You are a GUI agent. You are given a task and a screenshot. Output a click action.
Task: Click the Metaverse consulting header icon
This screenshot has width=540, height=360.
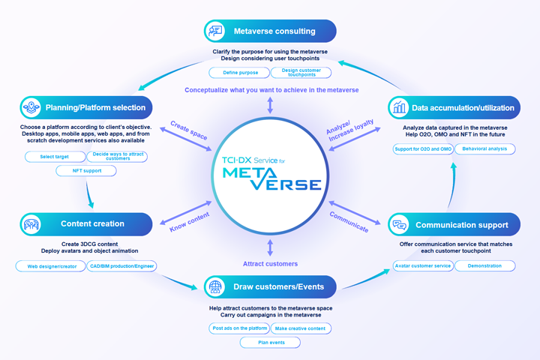[x=215, y=31]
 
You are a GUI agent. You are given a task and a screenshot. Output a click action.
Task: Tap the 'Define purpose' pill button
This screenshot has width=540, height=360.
[x=240, y=73]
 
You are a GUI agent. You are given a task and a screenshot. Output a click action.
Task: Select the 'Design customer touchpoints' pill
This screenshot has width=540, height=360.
[x=301, y=73]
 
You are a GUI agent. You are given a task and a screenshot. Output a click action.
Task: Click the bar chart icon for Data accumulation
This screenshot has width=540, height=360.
[x=399, y=107]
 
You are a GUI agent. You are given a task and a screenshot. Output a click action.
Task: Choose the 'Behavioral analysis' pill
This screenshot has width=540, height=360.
[x=485, y=148]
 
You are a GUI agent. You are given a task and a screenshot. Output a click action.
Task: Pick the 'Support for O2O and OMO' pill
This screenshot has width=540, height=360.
[x=423, y=148]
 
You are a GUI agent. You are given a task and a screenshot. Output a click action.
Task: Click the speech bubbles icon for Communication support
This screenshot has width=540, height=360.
[x=399, y=224]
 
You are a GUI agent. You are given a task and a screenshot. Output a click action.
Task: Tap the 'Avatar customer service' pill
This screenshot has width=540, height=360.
[x=423, y=265]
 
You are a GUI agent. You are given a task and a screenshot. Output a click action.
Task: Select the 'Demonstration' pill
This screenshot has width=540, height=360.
[x=485, y=265]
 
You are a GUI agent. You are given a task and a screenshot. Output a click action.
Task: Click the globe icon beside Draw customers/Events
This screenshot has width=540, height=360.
[x=215, y=286]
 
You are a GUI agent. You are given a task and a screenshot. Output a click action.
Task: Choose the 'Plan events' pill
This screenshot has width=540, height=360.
[x=270, y=343]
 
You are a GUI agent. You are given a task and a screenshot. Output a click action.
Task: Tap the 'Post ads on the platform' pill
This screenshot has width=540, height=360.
[x=240, y=328]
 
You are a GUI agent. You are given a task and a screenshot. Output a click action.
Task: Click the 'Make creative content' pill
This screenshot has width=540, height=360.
[x=301, y=328]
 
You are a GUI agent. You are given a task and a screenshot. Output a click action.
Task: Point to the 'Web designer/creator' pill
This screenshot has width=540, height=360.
[x=51, y=266]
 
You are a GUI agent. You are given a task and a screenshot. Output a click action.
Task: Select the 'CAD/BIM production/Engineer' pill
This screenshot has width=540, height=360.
[x=122, y=266]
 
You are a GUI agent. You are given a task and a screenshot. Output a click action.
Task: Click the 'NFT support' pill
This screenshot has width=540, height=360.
[x=86, y=170]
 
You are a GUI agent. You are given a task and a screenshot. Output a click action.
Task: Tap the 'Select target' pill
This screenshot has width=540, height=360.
[x=55, y=157]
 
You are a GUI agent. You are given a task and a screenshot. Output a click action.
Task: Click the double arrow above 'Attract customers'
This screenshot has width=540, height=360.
[x=270, y=247]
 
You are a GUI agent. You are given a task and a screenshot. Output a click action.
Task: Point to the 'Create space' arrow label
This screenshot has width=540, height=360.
[x=189, y=130]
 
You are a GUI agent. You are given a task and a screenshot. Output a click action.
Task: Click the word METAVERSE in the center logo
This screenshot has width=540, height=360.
[x=271, y=178]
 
